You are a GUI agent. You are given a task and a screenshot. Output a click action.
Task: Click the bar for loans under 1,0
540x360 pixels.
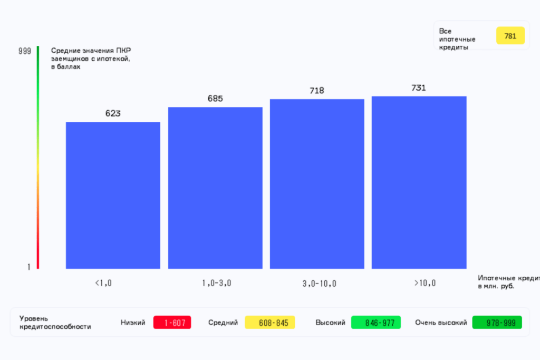coord(113,195)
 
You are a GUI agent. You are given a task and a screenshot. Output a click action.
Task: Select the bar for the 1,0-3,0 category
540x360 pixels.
coord(215,188)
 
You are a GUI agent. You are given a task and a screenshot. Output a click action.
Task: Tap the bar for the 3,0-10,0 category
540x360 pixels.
coord(317,183)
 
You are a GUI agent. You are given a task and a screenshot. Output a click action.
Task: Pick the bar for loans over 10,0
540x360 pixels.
coord(419,182)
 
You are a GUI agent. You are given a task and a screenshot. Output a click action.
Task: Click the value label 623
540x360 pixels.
coord(113,113)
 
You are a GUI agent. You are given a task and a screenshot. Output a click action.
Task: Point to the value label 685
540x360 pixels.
coord(215,98)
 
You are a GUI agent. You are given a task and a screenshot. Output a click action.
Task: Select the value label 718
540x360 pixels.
coord(317,91)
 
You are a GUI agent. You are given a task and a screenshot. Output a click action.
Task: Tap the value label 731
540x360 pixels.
coord(419,88)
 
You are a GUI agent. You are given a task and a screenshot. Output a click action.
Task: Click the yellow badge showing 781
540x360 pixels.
coord(510,36)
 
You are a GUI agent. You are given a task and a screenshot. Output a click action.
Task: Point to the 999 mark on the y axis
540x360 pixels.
coord(25,51)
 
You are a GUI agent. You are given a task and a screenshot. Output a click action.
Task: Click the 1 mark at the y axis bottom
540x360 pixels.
coord(29,267)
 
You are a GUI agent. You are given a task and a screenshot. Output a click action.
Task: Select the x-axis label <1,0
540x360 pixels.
coord(103,283)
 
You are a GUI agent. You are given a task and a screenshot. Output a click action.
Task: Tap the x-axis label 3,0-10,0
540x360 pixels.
coord(320,284)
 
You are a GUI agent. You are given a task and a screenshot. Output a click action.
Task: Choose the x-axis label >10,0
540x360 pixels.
coord(425,283)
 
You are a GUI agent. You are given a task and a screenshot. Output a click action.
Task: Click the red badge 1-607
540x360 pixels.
coord(172,323)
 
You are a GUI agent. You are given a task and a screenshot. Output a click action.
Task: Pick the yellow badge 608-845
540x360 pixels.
coord(269,323)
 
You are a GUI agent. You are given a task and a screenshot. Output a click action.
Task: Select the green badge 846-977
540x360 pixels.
coord(375,323)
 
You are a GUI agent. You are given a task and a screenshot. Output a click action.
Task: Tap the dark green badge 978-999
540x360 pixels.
coord(497,323)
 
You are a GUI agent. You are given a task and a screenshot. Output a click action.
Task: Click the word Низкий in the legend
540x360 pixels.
coord(133,323)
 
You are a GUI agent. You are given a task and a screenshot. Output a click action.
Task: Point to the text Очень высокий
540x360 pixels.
coord(441,323)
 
